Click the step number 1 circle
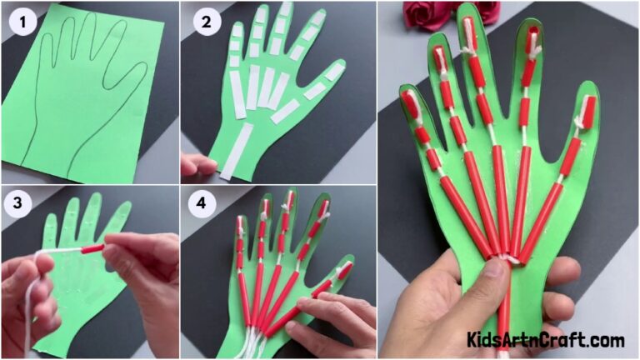coord(21,22)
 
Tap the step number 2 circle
coord(202,22)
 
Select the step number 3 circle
coord(21,205)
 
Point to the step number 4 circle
coord(202,205)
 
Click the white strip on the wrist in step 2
coord(237,151)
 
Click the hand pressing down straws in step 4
coord(342,321)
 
